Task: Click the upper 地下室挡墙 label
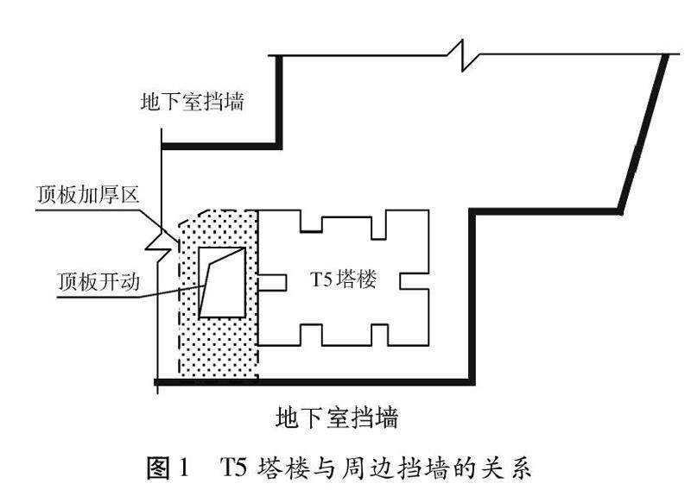pyautogui.click(x=193, y=103)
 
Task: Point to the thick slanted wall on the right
pyautogui.click(x=644, y=134)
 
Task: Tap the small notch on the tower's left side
pyautogui.click(x=274, y=280)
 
